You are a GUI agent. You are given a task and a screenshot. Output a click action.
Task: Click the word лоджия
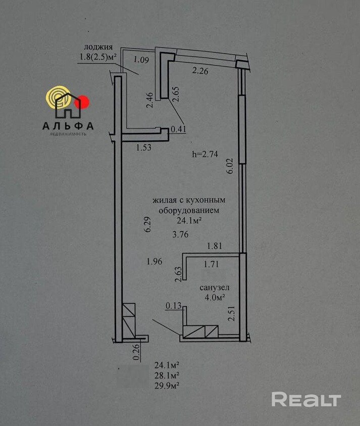coord(98,47)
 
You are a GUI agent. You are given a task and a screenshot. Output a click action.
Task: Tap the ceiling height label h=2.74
coord(204,155)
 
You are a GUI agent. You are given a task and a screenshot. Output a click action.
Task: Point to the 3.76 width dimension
coord(180,234)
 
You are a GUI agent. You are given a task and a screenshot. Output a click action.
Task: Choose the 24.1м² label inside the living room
coord(190,220)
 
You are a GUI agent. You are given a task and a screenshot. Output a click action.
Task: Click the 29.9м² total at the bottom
coord(167,385)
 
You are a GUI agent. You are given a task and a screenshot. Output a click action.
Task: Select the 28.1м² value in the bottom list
coord(167,375)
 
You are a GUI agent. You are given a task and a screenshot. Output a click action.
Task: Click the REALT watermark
coord(306,399)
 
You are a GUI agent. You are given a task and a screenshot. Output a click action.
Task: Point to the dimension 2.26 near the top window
coord(200,71)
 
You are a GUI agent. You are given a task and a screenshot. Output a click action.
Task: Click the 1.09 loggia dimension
coord(142,60)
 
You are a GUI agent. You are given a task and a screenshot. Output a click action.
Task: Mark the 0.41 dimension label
coord(179,129)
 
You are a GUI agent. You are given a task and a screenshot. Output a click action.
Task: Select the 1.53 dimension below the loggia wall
coord(144,148)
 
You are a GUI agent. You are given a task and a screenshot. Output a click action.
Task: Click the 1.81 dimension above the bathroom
coord(215,246)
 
